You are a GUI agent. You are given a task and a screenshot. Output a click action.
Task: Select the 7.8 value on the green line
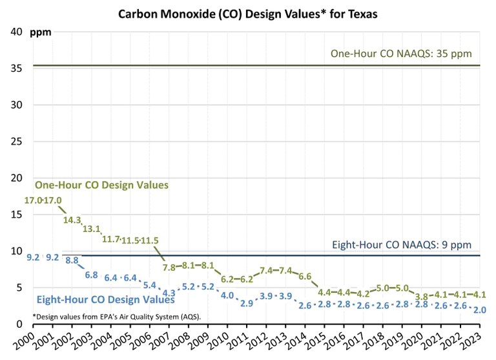(170, 267)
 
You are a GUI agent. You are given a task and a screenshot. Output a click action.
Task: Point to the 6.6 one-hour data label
(305, 277)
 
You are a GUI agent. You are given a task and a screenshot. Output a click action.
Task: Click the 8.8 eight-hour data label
(72, 260)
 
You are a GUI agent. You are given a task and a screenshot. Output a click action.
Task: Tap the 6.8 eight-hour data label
(91, 275)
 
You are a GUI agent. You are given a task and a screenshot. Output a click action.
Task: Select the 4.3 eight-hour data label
(169, 293)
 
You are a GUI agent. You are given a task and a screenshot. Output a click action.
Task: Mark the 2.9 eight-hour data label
(247, 302)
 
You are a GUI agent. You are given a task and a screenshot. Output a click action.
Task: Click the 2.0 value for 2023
(479, 310)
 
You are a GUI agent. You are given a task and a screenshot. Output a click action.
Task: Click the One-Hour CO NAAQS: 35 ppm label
(405, 53)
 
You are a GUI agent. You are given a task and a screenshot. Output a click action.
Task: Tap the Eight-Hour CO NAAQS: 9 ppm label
(402, 245)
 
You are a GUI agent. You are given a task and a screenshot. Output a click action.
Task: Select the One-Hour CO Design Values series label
(101, 185)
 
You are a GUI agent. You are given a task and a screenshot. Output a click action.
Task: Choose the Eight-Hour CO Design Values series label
(105, 300)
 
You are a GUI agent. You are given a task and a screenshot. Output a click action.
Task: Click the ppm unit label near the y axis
(41, 32)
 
